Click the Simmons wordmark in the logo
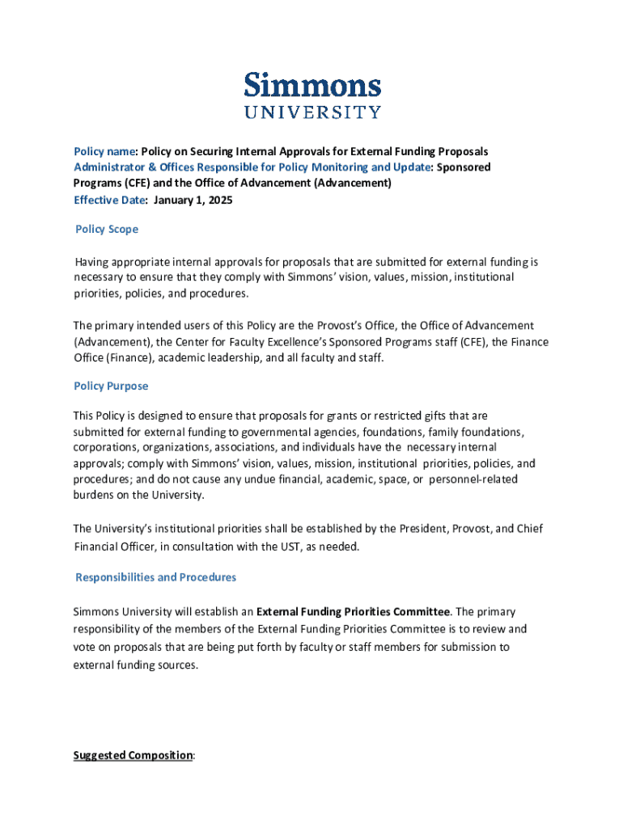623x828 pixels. [312, 86]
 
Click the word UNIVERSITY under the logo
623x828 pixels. [312, 112]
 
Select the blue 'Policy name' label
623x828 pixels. [104, 151]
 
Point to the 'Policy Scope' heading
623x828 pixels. [107, 230]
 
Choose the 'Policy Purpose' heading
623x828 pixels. [111, 387]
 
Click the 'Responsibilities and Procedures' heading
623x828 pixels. [155, 577]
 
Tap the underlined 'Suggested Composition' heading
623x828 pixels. [133, 755]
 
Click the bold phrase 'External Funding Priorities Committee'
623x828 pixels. [353, 611]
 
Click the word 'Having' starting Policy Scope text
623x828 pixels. [93, 262]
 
